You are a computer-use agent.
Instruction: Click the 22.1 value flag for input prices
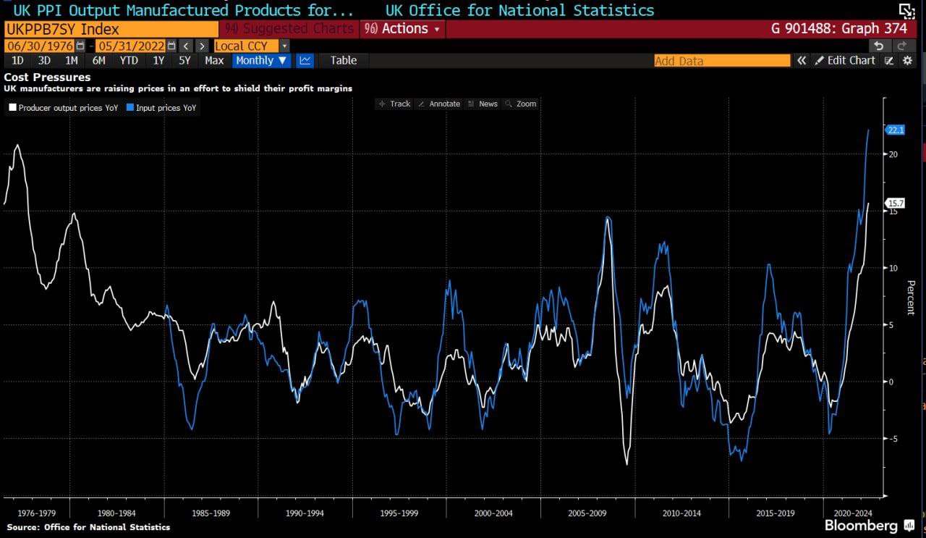point(896,130)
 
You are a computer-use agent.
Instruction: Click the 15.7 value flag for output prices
point(896,203)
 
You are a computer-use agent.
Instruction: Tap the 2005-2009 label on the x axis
point(587,513)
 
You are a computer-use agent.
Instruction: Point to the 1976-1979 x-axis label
point(37,513)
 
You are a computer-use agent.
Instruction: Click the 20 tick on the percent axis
point(893,154)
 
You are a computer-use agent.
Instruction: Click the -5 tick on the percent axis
point(893,438)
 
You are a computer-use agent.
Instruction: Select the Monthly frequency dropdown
point(261,61)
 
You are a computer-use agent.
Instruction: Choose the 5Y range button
point(184,61)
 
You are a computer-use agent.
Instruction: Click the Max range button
point(214,61)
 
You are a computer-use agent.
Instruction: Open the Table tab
point(344,61)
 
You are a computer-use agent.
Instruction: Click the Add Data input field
point(721,61)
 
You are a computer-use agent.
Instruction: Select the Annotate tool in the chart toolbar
point(439,104)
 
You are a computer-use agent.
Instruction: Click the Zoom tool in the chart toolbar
point(521,104)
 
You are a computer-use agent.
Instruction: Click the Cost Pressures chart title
point(48,77)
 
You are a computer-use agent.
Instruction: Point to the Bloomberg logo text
point(861,525)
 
